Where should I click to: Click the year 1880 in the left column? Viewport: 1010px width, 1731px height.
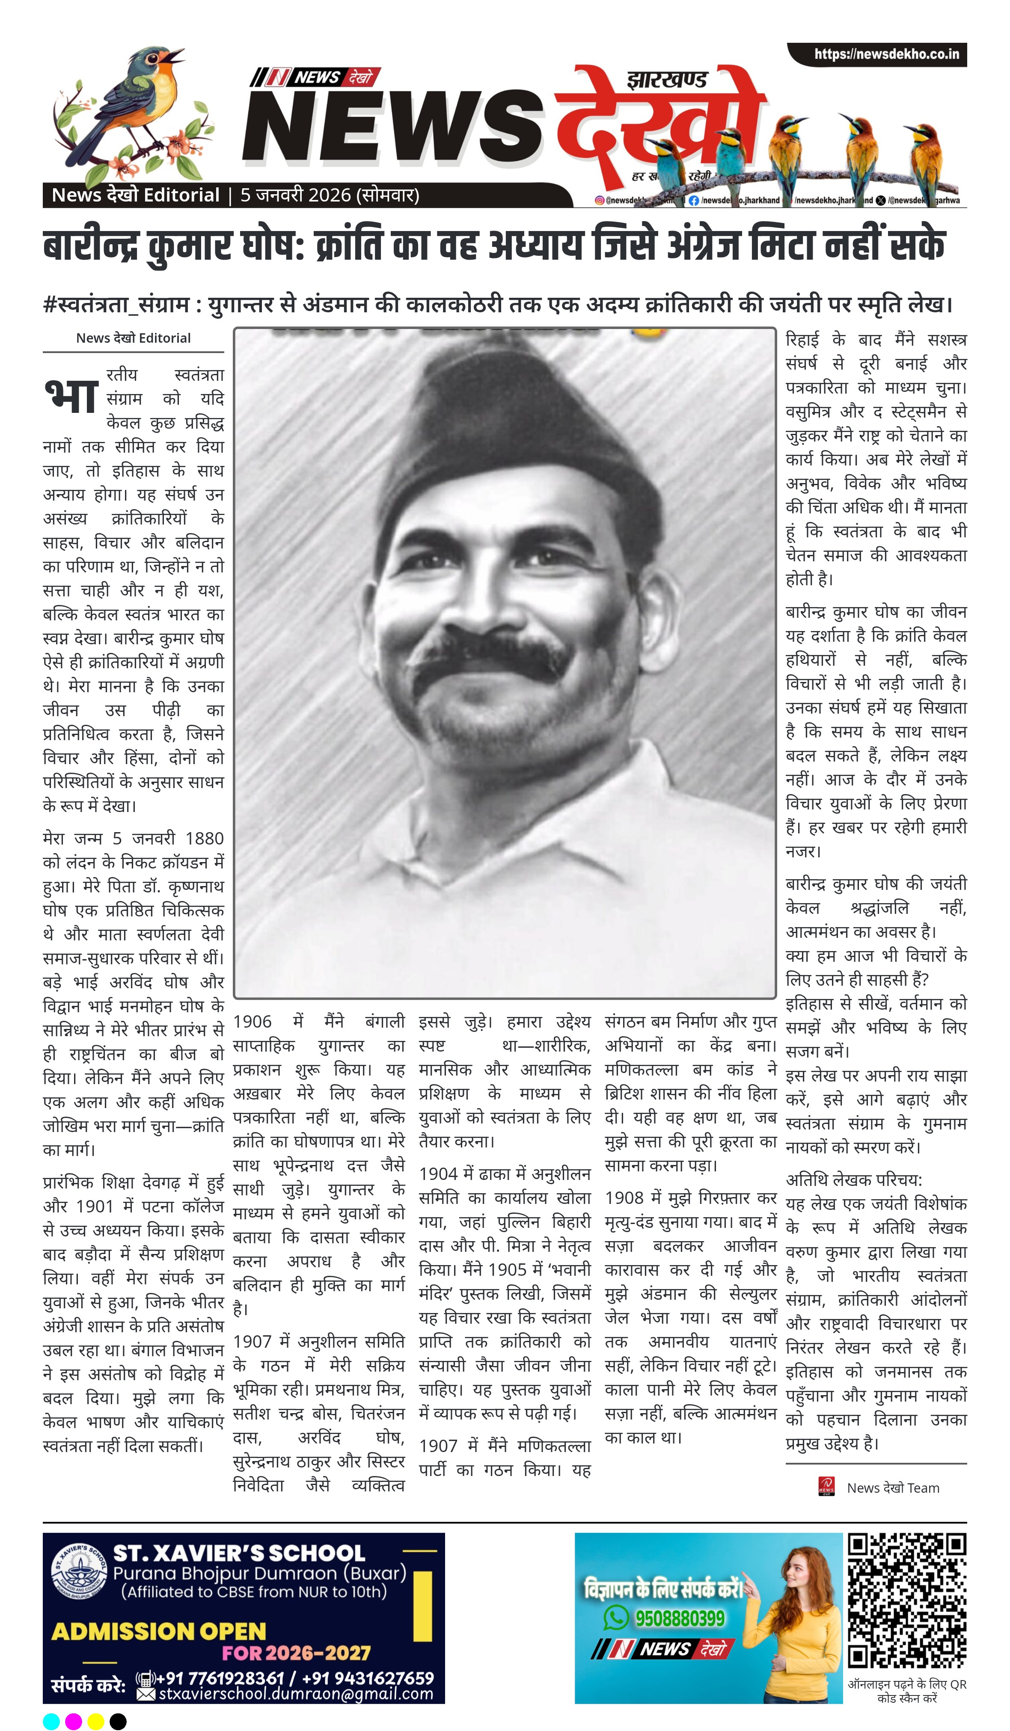[204, 838]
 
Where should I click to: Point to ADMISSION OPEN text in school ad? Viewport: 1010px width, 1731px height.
[158, 1631]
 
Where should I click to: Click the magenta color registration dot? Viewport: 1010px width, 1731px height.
[74, 1721]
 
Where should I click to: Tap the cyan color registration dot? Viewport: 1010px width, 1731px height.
[51, 1721]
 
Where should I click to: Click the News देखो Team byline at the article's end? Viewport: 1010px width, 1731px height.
[892, 1488]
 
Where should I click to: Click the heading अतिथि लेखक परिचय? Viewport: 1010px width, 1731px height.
[853, 1180]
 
